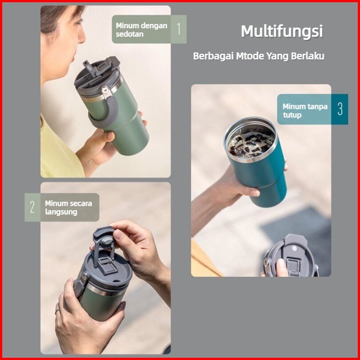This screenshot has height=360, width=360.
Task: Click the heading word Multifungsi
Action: [x=282, y=31]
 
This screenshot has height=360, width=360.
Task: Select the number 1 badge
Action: [x=179, y=29]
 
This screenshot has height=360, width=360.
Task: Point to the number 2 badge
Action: [x=32, y=207]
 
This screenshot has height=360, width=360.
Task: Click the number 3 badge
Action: [x=340, y=109]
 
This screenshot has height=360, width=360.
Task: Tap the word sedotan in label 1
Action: [x=129, y=34]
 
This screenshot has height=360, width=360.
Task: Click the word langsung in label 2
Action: [x=61, y=212]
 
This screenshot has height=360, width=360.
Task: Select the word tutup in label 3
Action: [x=292, y=115]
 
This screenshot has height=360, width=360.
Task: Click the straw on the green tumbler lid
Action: [x=89, y=68]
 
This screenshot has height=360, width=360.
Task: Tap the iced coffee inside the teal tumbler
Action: [x=252, y=144]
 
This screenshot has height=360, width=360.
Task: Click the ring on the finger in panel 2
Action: [x=57, y=311]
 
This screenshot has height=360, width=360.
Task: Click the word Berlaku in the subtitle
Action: [x=308, y=56]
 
